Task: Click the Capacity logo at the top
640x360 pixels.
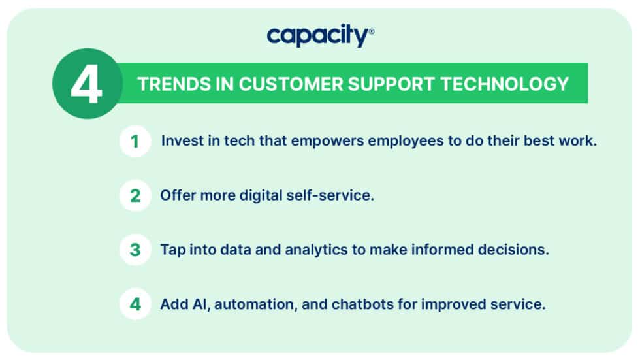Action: click(x=318, y=37)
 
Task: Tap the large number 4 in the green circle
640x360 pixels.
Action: click(x=87, y=83)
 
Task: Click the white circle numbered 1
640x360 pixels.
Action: click(x=135, y=141)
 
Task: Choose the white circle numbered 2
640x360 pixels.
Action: click(x=135, y=195)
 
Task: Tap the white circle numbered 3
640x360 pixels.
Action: click(x=135, y=250)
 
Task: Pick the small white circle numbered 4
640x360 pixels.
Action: click(x=135, y=304)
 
